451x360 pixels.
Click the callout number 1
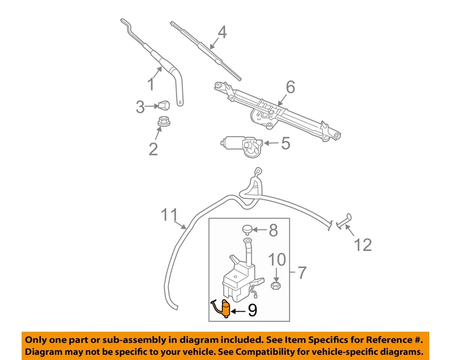tap(151, 85)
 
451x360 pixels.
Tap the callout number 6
tap(290, 87)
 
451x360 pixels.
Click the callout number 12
tap(363, 245)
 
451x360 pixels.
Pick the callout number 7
tap(302, 272)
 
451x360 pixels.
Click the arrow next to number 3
tap(151, 107)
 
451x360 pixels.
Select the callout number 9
tap(252, 311)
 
